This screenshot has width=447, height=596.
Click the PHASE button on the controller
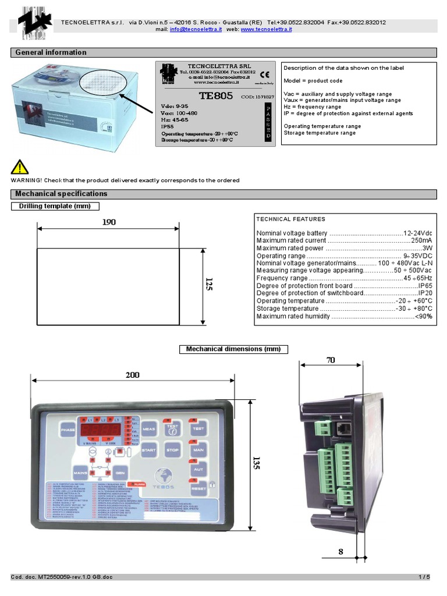pyautogui.click(x=67, y=430)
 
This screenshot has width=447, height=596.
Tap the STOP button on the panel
pyautogui.click(x=172, y=450)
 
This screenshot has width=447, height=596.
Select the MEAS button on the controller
pyautogui.click(x=148, y=429)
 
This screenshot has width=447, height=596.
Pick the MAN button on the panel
pyautogui.click(x=198, y=450)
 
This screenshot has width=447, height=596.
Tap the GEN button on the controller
pyautogui.click(x=119, y=472)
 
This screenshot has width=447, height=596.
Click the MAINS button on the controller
pyautogui.click(x=81, y=472)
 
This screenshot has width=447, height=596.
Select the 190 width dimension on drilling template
pyautogui.click(x=109, y=222)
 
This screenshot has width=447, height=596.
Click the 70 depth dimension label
pyautogui.click(x=331, y=360)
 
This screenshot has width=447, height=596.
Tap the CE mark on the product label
pyautogui.click(x=264, y=74)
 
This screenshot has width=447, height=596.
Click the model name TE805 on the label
pyautogui.click(x=216, y=95)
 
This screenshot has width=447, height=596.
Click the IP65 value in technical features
pyautogui.click(x=425, y=286)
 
